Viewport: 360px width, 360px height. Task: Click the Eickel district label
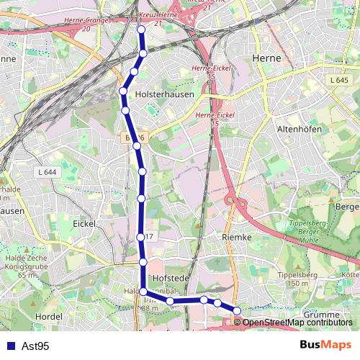85,224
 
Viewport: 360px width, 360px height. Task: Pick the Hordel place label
48,316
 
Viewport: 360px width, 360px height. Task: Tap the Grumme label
320,315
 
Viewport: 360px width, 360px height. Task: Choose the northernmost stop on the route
141,30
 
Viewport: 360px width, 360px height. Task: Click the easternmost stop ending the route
237,311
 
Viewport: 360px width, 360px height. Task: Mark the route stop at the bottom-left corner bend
143,292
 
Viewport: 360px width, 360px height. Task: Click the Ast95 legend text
35,346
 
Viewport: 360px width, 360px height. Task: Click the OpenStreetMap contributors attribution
297,322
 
